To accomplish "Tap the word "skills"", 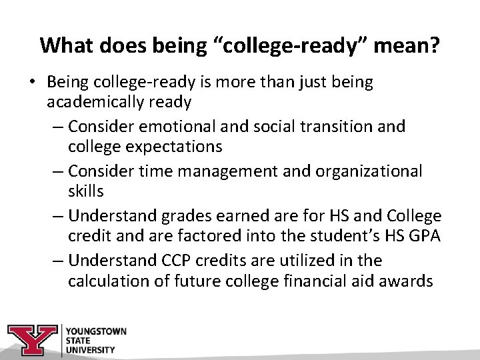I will [85, 191].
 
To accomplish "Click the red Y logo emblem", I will [33, 338].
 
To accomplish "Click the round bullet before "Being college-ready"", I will [32, 83].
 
